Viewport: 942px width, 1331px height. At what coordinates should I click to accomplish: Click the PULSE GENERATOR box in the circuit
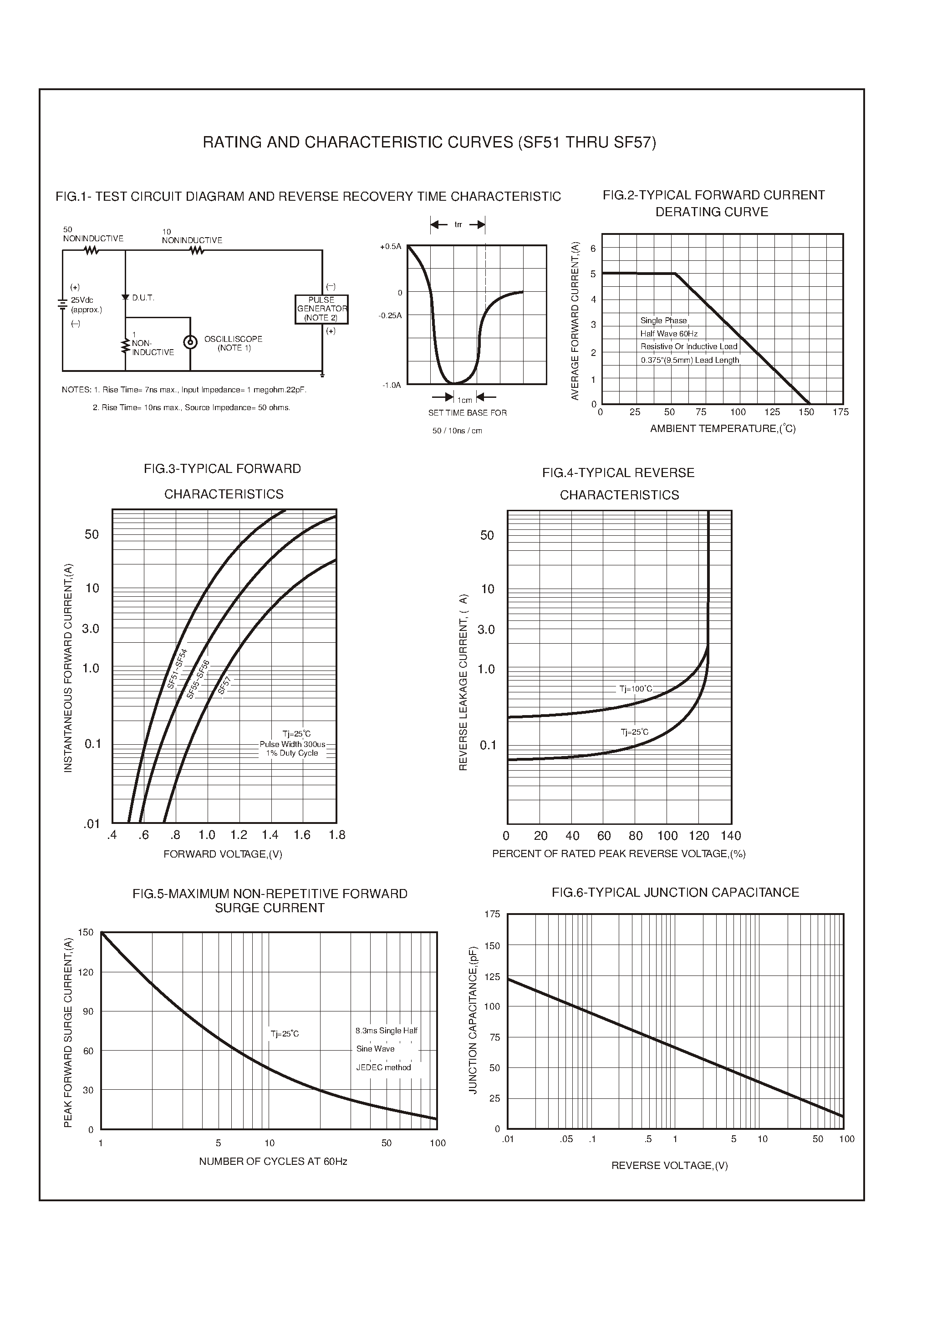click(x=321, y=309)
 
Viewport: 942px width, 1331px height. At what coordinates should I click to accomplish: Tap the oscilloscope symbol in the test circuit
click(x=190, y=342)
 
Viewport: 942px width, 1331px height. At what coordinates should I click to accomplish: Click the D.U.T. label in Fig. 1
click(x=143, y=298)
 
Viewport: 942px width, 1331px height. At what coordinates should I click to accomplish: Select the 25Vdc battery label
click(x=82, y=300)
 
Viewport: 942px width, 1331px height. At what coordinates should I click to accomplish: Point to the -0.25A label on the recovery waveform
click(x=390, y=315)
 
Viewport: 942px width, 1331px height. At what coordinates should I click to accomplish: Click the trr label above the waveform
click(x=458, y=224)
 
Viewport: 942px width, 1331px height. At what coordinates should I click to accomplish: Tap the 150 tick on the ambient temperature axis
click(x=806, y=412)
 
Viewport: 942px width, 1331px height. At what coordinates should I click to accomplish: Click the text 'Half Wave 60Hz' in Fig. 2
click(x=669, y=334)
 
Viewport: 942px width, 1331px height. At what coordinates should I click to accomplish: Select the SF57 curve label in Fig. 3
click(x=224, y=686)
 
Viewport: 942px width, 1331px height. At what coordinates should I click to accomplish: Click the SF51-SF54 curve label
click(x=178, y=669)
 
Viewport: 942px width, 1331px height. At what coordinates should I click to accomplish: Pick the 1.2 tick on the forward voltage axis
click(x=239, y=835)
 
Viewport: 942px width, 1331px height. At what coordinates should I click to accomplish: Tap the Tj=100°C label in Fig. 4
click(x=636, y=689)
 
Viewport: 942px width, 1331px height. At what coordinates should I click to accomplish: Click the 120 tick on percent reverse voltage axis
click(x=699, y=836)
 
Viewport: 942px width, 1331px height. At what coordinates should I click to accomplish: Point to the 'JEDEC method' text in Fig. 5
click(x=383, y=1067)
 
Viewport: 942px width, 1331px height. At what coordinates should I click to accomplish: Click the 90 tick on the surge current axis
click(x=87, y=1011)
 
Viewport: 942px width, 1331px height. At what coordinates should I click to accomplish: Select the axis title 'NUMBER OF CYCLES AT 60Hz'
click(x=273, y=1161)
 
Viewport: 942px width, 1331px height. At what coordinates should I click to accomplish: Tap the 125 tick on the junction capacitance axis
click(x=492, y=977)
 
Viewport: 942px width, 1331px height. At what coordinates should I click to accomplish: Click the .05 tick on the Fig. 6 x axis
click(x=566, y=1139)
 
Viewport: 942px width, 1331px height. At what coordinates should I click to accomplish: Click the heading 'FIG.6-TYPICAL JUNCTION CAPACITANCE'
click(x=675, y=892)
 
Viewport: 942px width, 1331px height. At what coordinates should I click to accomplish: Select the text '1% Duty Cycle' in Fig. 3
click(x=292, y=753)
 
